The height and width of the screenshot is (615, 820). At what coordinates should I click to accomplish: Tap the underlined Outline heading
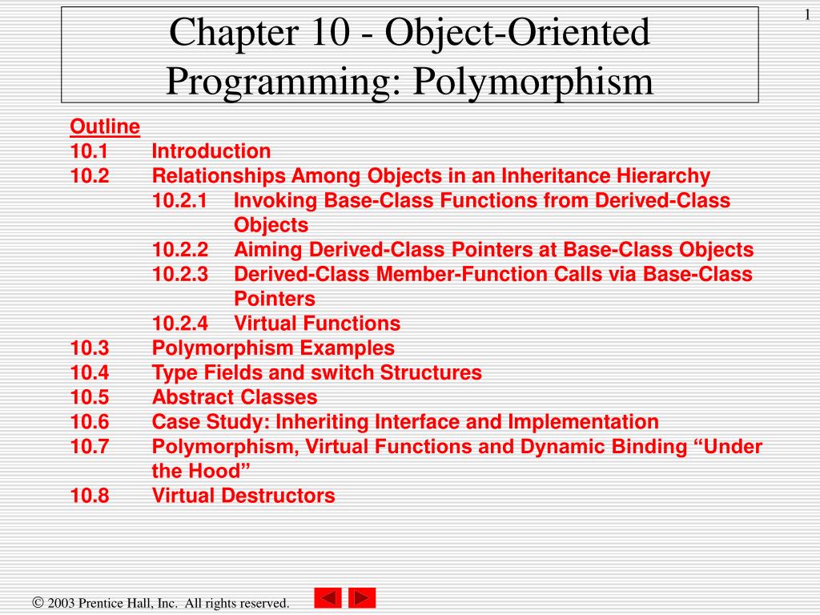pos(105,127)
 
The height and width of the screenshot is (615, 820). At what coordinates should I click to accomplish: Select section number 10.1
pos(90,151)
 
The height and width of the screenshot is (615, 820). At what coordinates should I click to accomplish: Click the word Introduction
pos(211,151)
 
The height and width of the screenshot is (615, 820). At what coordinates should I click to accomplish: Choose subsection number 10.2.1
pos(180,201)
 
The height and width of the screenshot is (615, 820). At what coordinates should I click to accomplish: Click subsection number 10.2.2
pos(180,250)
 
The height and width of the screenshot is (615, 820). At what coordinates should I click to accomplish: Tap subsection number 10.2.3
pos(180,275)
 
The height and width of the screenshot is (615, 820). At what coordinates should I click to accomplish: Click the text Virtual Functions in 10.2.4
pos(317,324)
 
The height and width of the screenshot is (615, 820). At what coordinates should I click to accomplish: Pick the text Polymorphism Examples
pos(273,348)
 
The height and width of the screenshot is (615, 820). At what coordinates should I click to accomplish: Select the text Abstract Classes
pos(235,397)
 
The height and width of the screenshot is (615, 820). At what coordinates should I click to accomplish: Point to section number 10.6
pos(90,422)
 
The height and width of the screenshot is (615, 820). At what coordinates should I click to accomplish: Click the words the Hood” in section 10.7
pos(195,471)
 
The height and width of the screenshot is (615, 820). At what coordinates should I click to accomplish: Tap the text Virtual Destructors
pos(243,496)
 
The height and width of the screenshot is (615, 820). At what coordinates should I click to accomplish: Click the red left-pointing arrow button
pos(328,598)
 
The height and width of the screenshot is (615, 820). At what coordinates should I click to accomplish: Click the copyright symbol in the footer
pos(37,603)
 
